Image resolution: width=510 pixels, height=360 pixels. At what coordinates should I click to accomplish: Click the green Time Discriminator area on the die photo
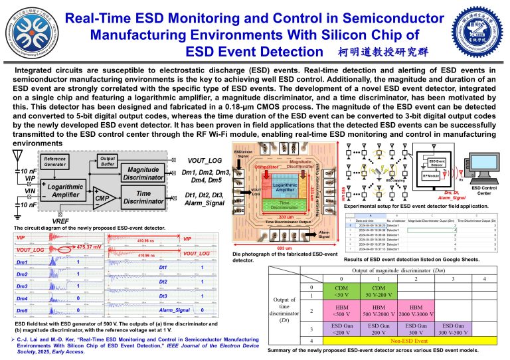284,206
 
